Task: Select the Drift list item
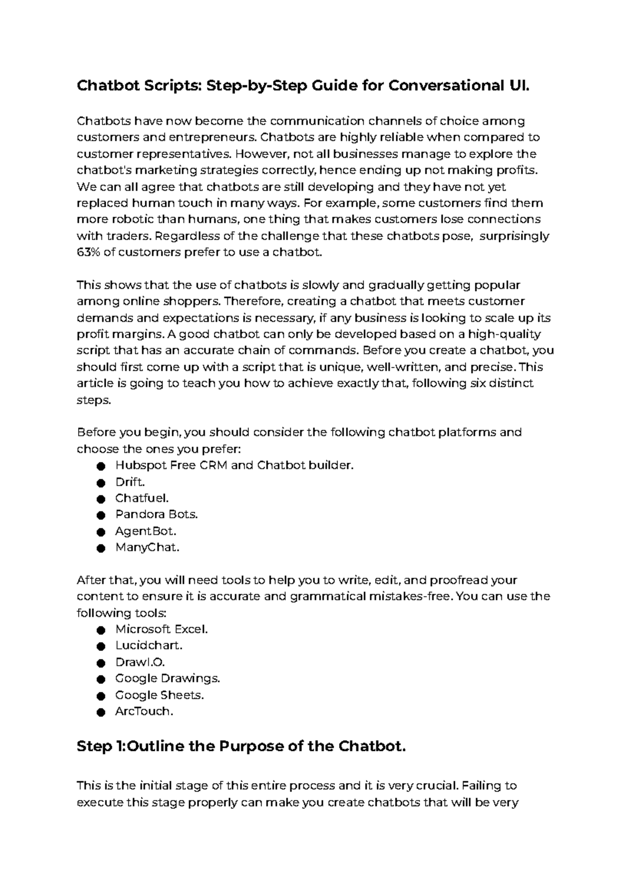point(130,482)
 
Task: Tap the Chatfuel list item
point(142,498)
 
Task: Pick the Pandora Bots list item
point(156,514)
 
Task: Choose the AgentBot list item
point(146,531)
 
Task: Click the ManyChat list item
point(147,547)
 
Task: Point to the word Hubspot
point(138,465)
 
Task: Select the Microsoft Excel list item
point(162,629)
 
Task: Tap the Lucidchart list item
point(149,645)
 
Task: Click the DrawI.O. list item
point(140,662)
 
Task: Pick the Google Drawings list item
point(167,678)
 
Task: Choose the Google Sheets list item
point(160,695)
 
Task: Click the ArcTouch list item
point(144,711)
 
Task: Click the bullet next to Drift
point(100,483)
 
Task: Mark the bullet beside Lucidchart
point(100,646)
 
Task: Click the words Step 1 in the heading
point(100,747)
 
